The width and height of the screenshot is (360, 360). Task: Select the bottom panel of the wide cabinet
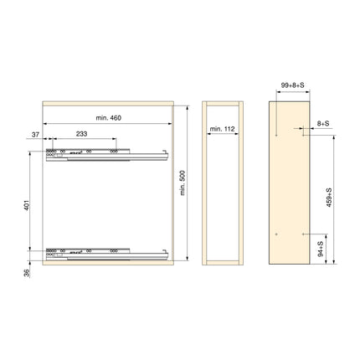(106, 262)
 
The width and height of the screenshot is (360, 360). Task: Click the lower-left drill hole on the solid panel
(275, 232)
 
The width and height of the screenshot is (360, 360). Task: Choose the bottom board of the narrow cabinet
(224, 262)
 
